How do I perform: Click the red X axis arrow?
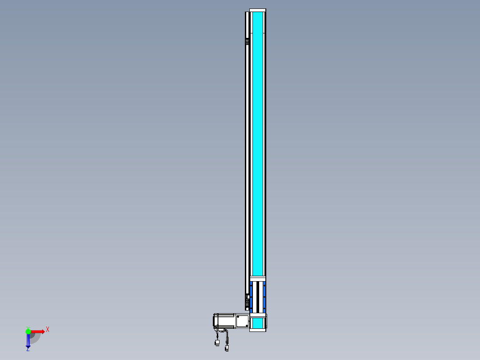coord(37,331)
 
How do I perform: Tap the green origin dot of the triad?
coord(28,331)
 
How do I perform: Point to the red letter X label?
coord(48,330)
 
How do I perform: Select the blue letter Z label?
coord(28,349)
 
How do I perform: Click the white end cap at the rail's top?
coord(258,10)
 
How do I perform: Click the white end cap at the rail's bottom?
coord(258,330)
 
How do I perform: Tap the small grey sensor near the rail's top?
coord(247,42)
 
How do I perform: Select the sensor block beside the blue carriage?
coord(248,302)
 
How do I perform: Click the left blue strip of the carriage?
coord(251,297)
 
